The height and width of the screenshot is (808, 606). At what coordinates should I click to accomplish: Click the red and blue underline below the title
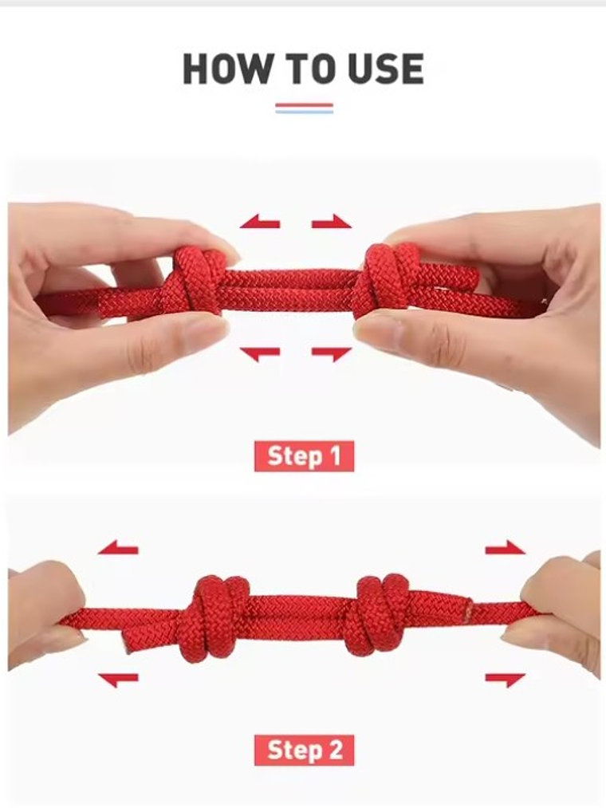[304, 108]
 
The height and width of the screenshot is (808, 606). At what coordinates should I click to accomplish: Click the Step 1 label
[304, 456]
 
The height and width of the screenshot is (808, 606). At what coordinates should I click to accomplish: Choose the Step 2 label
[304, 751]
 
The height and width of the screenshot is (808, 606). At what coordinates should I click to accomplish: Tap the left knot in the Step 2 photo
[215, 618]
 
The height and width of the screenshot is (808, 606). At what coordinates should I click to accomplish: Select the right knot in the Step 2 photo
[379, 614]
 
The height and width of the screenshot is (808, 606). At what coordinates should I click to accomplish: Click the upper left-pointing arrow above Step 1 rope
[260, 222]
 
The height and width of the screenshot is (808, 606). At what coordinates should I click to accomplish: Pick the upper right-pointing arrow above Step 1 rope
[332, 222]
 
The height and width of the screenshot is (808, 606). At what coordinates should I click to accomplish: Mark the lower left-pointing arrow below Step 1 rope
[260, 354]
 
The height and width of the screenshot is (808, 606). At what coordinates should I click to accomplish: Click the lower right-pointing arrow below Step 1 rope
[332, 354]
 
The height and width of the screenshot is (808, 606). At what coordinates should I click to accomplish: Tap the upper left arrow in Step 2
[118, 548]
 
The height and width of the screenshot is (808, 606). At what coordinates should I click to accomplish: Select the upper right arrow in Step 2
[506, 548]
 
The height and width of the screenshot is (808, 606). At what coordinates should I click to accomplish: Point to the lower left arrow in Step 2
[118, 680]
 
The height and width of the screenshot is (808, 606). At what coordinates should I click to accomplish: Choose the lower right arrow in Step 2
[506, 680]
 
